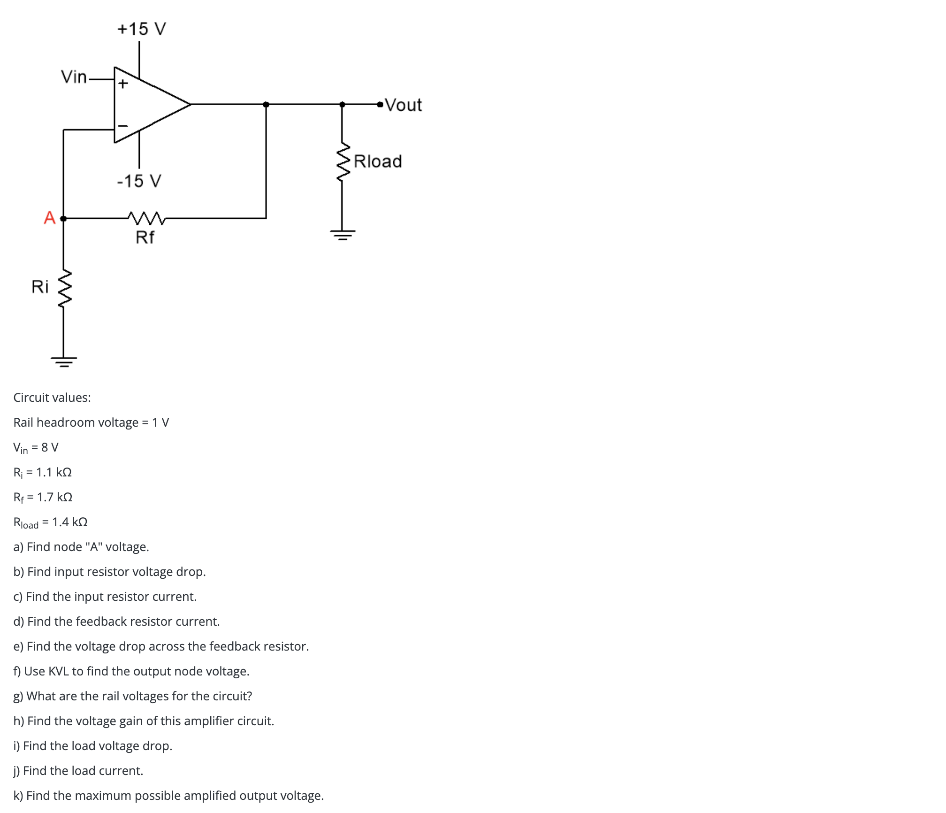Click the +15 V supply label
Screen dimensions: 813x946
tap(142, 29)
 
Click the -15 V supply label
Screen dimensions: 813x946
tap(139, 181)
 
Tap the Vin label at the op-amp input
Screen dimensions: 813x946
tap(74, 77)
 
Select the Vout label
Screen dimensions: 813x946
tap(404, 105)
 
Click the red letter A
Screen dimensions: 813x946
tap(50, 218)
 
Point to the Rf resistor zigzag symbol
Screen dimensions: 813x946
tap(146, 218)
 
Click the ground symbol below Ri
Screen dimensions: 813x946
tap(64, 361)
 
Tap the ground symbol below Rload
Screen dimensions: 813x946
tap(343, 234)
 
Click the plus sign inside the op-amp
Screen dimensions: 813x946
tap(123, 84)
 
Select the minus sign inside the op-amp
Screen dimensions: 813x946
tap(123, 126)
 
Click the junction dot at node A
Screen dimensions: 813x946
tap(63, 218)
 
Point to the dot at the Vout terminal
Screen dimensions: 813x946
tap(380, 104)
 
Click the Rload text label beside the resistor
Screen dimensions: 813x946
tap(378, 161)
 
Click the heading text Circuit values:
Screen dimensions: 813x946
tap(52, 398)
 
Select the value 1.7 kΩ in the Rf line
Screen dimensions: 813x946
tap(55, 497)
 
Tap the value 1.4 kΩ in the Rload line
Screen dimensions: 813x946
tap(70, 522)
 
